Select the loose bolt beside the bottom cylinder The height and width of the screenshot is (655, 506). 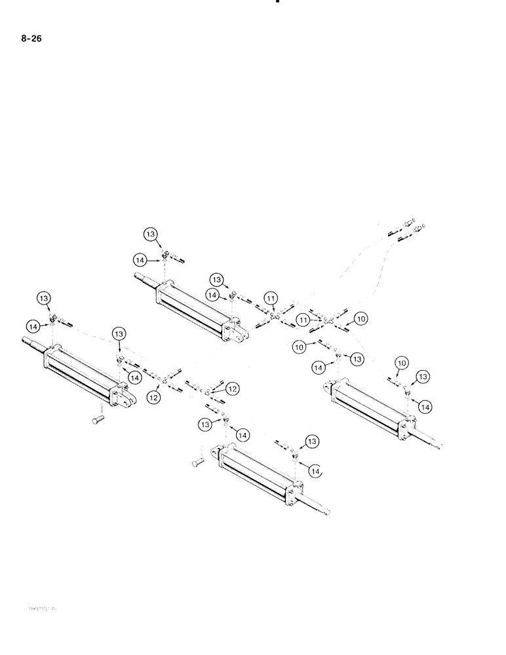[199, 463]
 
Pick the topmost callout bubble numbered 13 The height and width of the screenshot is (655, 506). [151, 234]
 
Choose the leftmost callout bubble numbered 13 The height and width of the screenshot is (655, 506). [45, 299]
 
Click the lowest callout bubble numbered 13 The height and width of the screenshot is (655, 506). [311, 443]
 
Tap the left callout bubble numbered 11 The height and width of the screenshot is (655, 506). [271, 300]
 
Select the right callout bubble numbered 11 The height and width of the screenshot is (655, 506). [303, 319]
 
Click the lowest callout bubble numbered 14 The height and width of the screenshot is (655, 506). [315, 470]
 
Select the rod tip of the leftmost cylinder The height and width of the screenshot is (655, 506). [26, 341]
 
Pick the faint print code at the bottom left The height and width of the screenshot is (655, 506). [41, 608]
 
